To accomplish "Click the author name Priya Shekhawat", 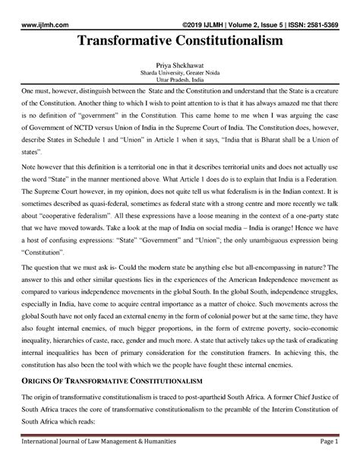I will click(180, 66).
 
